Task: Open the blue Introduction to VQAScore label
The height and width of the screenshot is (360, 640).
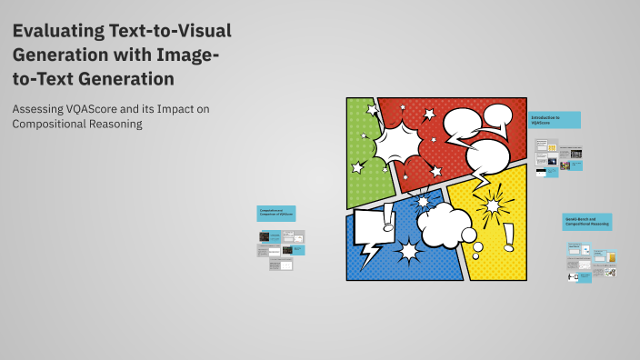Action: coord(555,119)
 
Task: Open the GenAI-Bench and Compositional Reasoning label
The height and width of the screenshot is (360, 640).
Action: coord(586,222)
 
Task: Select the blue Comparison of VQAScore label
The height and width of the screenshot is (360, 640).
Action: coord(276,214)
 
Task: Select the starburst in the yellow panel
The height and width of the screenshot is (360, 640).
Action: coord(492,205)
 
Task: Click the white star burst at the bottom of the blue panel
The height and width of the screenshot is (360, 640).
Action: coord(407,251)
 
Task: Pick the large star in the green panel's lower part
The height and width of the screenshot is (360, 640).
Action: coord(357,167)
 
